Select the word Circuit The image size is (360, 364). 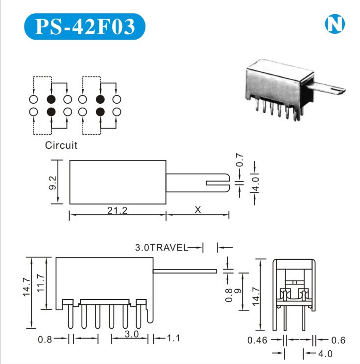pyautogui.click(x=61, y=145)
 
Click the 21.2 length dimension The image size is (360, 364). pyautogui.click(x=117, y=210)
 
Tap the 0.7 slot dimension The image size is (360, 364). pyautogui.click(x=240, y=161)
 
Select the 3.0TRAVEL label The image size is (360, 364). pyautogui.click(x=161, y=248)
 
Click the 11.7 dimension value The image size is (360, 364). pyautogui.click(x=41, y=283)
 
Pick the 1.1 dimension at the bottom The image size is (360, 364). pyautogui.click(x=174, y=338)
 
